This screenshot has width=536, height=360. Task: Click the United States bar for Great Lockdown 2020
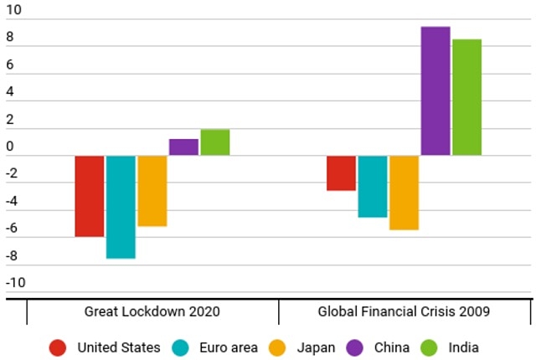tap(90, 196)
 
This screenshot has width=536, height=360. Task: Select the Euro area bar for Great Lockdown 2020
tap(121, 207)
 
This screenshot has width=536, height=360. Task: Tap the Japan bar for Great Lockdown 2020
tap(152, 191)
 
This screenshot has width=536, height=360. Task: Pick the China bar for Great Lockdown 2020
tap(183, 147)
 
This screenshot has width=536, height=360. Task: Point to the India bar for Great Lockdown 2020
tap(214, 142)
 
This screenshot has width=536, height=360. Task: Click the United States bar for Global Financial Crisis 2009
tap(341, 173)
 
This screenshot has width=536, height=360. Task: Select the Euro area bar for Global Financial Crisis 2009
tap(372, 187)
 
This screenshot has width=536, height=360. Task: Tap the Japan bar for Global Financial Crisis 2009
tap(404, 193)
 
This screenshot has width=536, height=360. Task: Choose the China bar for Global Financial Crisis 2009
tap(435, 91)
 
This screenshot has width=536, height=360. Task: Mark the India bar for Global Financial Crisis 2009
tap(466, 97)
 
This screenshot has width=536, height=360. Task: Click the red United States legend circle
tap(58, 347)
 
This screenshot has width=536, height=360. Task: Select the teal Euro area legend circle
tap(180, 347)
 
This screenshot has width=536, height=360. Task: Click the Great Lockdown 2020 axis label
tap(152, 311)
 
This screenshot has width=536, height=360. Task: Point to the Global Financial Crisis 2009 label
tap(404, 311)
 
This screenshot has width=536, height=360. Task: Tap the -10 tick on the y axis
tap(16, 282)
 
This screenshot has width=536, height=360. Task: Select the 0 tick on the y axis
tap(10, 147)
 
